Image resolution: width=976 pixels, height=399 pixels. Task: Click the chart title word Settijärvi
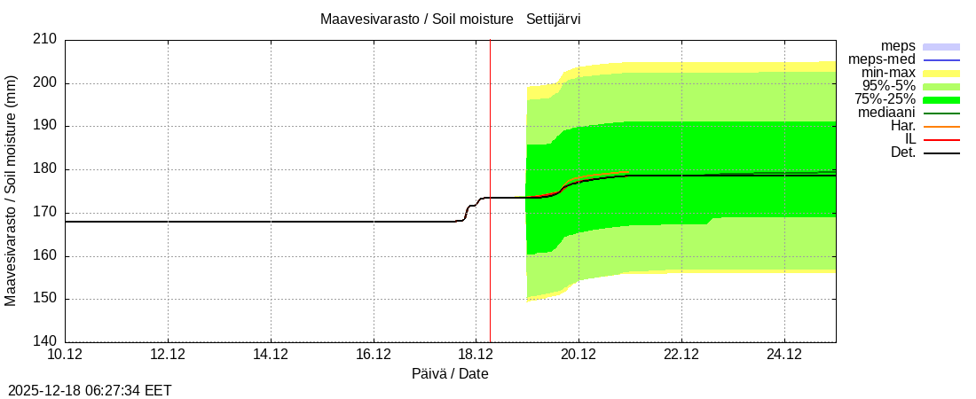tap(554, 19)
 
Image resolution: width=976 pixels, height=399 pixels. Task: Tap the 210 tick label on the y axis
tap(47, 39)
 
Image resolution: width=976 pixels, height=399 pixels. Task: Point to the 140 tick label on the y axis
tap(47, 341)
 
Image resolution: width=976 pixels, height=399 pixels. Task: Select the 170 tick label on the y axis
tap(47, 212)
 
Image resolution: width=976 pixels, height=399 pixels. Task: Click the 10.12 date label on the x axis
tap(65, 355)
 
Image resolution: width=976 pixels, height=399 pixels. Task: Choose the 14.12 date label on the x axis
tap(271, 355)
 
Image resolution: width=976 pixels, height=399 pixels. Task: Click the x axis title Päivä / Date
tap(450, 373)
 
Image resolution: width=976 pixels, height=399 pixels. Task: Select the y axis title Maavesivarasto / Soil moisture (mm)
tap(11, 191)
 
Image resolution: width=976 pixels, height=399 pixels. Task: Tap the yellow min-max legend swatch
tap(941, 74)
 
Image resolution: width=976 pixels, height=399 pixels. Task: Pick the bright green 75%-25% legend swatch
tap(941, 100)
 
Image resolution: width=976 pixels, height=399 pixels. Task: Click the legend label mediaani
tap(886, 113)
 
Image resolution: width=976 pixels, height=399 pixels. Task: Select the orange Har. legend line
tap(941, 127)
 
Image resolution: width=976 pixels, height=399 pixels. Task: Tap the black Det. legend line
tap(941, 153)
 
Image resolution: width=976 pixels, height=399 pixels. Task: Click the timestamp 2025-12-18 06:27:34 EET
tap(90, 390)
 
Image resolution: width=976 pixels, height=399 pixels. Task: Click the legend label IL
tap(909, 139)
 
